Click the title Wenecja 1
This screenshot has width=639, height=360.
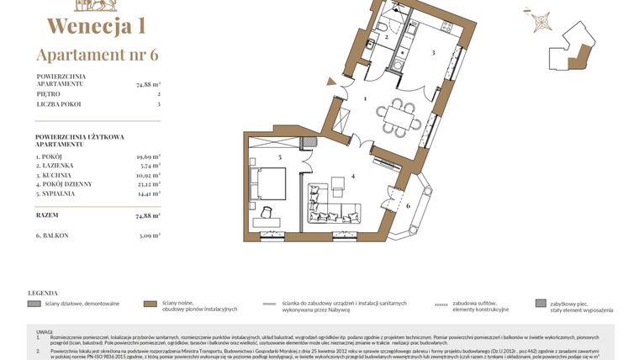[x=97, y=25]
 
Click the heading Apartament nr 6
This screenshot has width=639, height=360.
[x=97, y=55]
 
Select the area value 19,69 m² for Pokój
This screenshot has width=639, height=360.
[x=148, y=156]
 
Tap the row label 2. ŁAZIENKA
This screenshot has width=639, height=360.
[x=55, y=166]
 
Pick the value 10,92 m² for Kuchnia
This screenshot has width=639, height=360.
[x=148, y=175]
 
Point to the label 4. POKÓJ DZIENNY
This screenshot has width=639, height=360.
[x=64, y=183]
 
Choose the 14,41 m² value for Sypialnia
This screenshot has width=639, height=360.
[x=148, y=193]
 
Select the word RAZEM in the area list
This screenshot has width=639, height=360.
[x=48, y=215]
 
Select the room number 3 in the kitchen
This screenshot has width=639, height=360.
[x=432, y=53]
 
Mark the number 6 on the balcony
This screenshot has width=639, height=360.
[x=408, y=205]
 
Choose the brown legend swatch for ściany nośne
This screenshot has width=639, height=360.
[x=151, y=303]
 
